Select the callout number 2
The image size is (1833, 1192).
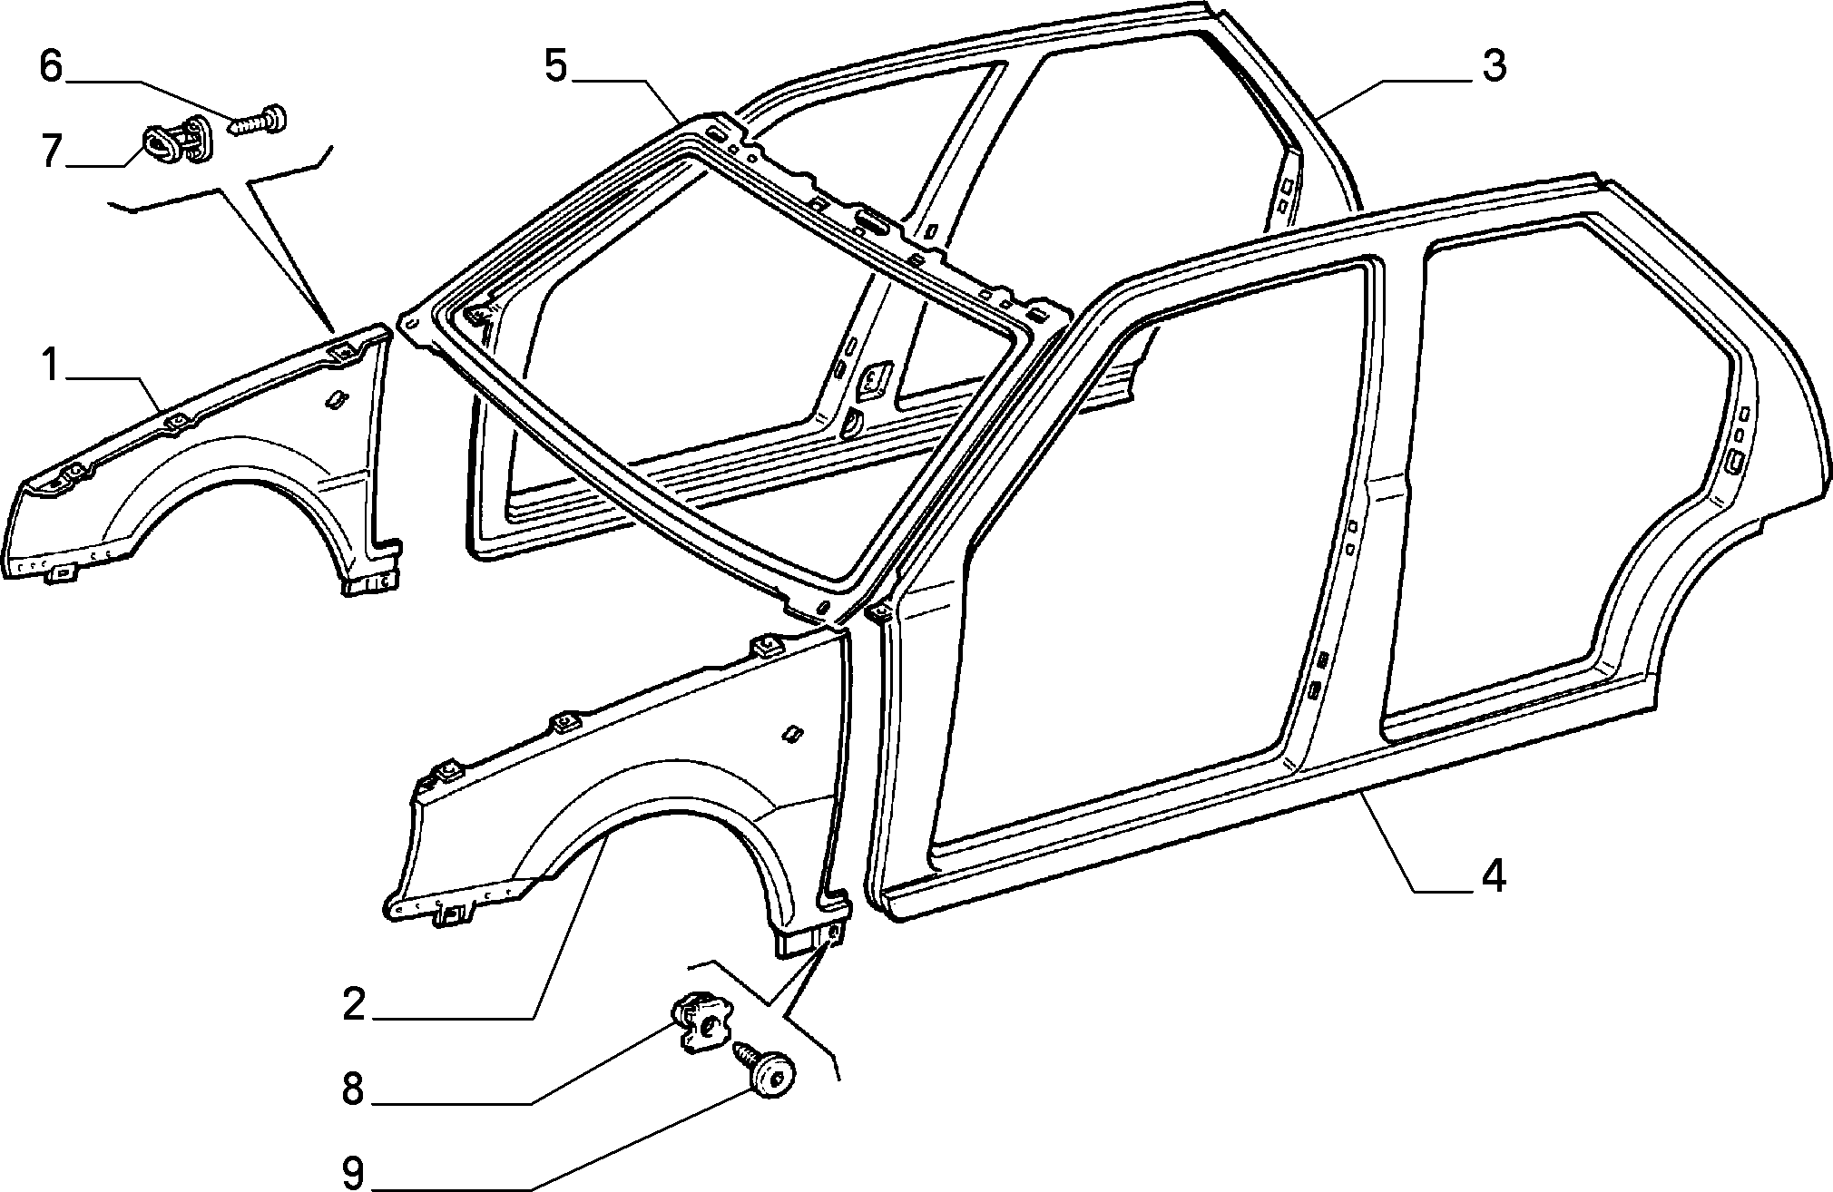(354, 1004)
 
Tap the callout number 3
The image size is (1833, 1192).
(1494, 66)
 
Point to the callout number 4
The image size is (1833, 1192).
(1493, 876)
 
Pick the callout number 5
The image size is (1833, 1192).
(556, 65)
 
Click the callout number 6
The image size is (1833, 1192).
(52, 66)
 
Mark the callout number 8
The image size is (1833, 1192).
(354, 1088)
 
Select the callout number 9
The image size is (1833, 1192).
(354, 1172)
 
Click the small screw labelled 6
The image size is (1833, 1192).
(257, 120)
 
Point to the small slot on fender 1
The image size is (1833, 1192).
(336, 399)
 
